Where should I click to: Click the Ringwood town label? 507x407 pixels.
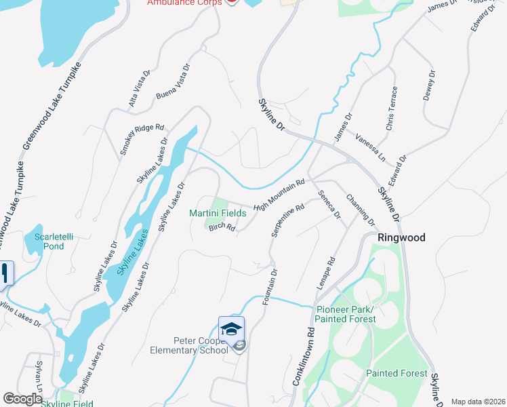(x=401, y=238)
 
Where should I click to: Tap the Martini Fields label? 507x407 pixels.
(x=217, y=213)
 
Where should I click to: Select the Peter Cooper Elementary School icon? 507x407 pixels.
(x=231, y=329)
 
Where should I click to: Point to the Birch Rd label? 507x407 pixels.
(x=222, y=229)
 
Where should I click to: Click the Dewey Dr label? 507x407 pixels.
(x=429, y=85)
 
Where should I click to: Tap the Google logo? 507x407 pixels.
(x=23, y=400)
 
